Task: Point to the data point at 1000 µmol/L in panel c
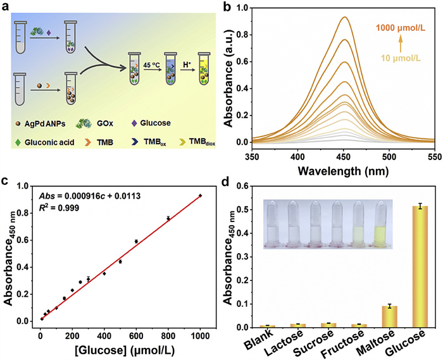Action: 200,196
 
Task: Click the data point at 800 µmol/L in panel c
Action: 168,218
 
